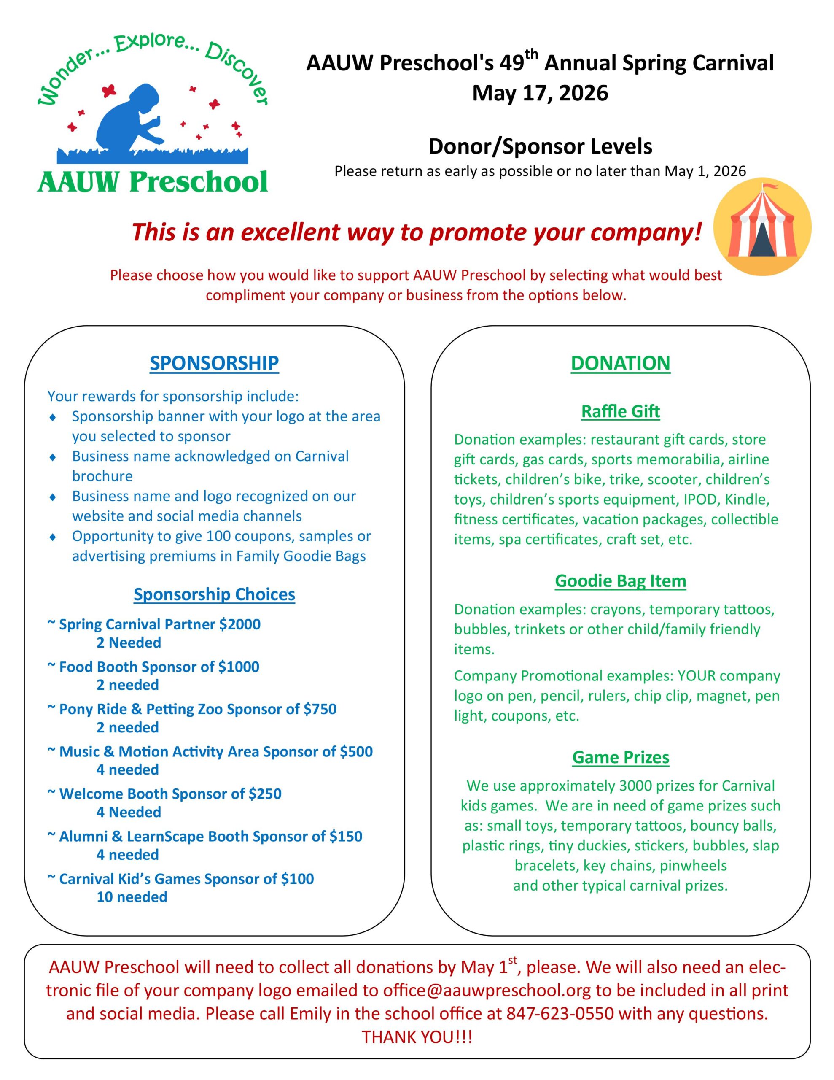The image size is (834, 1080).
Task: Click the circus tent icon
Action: click(762, 227)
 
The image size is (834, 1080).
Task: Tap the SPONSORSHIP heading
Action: click(214, 363)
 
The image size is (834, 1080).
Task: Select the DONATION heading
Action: click(620, 363)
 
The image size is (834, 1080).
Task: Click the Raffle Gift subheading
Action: click(620, 411)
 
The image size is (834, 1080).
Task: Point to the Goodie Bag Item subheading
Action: click(620, 580)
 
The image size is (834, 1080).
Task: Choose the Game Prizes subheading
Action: click(620, 757)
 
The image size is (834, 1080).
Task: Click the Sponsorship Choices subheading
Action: click(214, 594)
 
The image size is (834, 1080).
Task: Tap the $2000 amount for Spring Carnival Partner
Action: click(240, 624)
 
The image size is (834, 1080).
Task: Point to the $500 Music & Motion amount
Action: click(356, 752)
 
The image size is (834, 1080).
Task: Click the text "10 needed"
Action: click(132, 897)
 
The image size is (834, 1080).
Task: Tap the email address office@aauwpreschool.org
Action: click(487, 990)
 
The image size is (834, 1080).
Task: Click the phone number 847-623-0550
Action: click(560, 1014)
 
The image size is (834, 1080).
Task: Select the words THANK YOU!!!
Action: click(417, 1037)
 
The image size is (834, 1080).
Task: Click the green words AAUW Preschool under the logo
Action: click(152, 181)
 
